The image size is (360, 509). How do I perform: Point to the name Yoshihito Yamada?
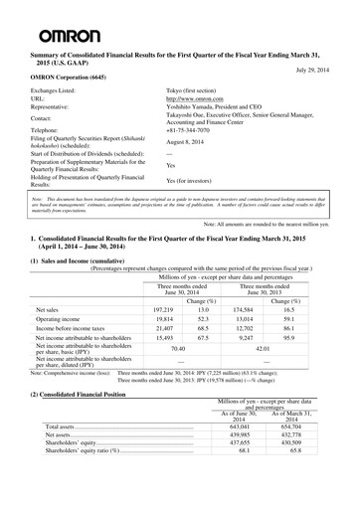click(x=196, y=109)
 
